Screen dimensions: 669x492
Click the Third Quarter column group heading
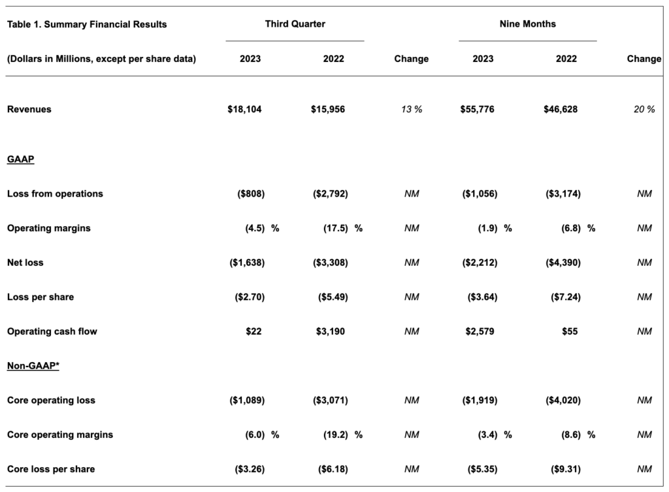(295, 24)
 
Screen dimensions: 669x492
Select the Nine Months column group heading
(528, 24)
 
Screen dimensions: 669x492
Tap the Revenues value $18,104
(244, 109)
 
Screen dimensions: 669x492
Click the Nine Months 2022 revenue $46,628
(561, 109)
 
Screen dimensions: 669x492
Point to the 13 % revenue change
(412, 109)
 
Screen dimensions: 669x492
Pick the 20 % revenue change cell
(644, 109)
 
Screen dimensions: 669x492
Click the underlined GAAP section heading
(20, 159)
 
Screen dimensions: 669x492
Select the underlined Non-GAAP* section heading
(33, 366)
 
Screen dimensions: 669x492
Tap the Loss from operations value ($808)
(251, 193)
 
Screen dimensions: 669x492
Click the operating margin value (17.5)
(335, 228)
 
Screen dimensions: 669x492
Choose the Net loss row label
(25, 263)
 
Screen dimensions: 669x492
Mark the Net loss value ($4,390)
(563, 263)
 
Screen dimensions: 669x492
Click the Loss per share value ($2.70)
(250, 297)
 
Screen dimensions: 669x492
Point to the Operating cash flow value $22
(253, 331)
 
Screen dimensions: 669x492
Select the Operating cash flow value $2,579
(480, 331)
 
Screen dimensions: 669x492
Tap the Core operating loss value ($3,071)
(330, 401)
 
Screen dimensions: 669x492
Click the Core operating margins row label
(60, 435)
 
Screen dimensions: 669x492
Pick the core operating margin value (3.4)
(487, 435)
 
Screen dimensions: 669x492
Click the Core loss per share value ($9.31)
(566, 469)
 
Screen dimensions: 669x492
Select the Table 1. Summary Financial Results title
(87, 24)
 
